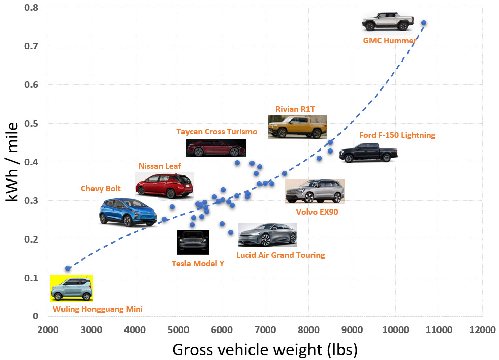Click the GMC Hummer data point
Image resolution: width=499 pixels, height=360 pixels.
pyautogui.click(x=424, y=23)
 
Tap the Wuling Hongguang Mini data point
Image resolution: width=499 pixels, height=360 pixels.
pyautogui.click(x=68, y=268)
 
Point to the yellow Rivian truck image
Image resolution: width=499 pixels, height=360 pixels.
pyautogui.click(x=297, y=127)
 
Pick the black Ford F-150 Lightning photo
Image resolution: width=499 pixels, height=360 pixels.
pyautogui.click(x=368, y=152)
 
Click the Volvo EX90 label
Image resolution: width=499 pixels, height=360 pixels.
pyautogui.click(x=317, y=212)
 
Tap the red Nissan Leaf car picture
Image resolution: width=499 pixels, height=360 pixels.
pyautogui.click(x=164, y=185)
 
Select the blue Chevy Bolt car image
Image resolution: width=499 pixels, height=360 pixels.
pyautogui.click(x=128, y=212)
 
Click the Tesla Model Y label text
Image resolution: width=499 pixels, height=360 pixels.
pyautogui.click(x=198, y=263)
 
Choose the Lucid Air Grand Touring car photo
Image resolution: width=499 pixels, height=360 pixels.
pyautogui.click(x=267, y=235)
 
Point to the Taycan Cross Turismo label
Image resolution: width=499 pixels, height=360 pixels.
pyautogui.click(x=217, y=131)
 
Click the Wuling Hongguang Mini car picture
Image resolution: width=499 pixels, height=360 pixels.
pyautogui.click(x=72, y=288)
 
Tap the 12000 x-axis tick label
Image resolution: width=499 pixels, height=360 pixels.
pyautogui.click(x=482, y=329)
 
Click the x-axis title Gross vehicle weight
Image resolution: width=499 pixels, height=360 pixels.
pyautogui.click(x=265, y=350)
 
